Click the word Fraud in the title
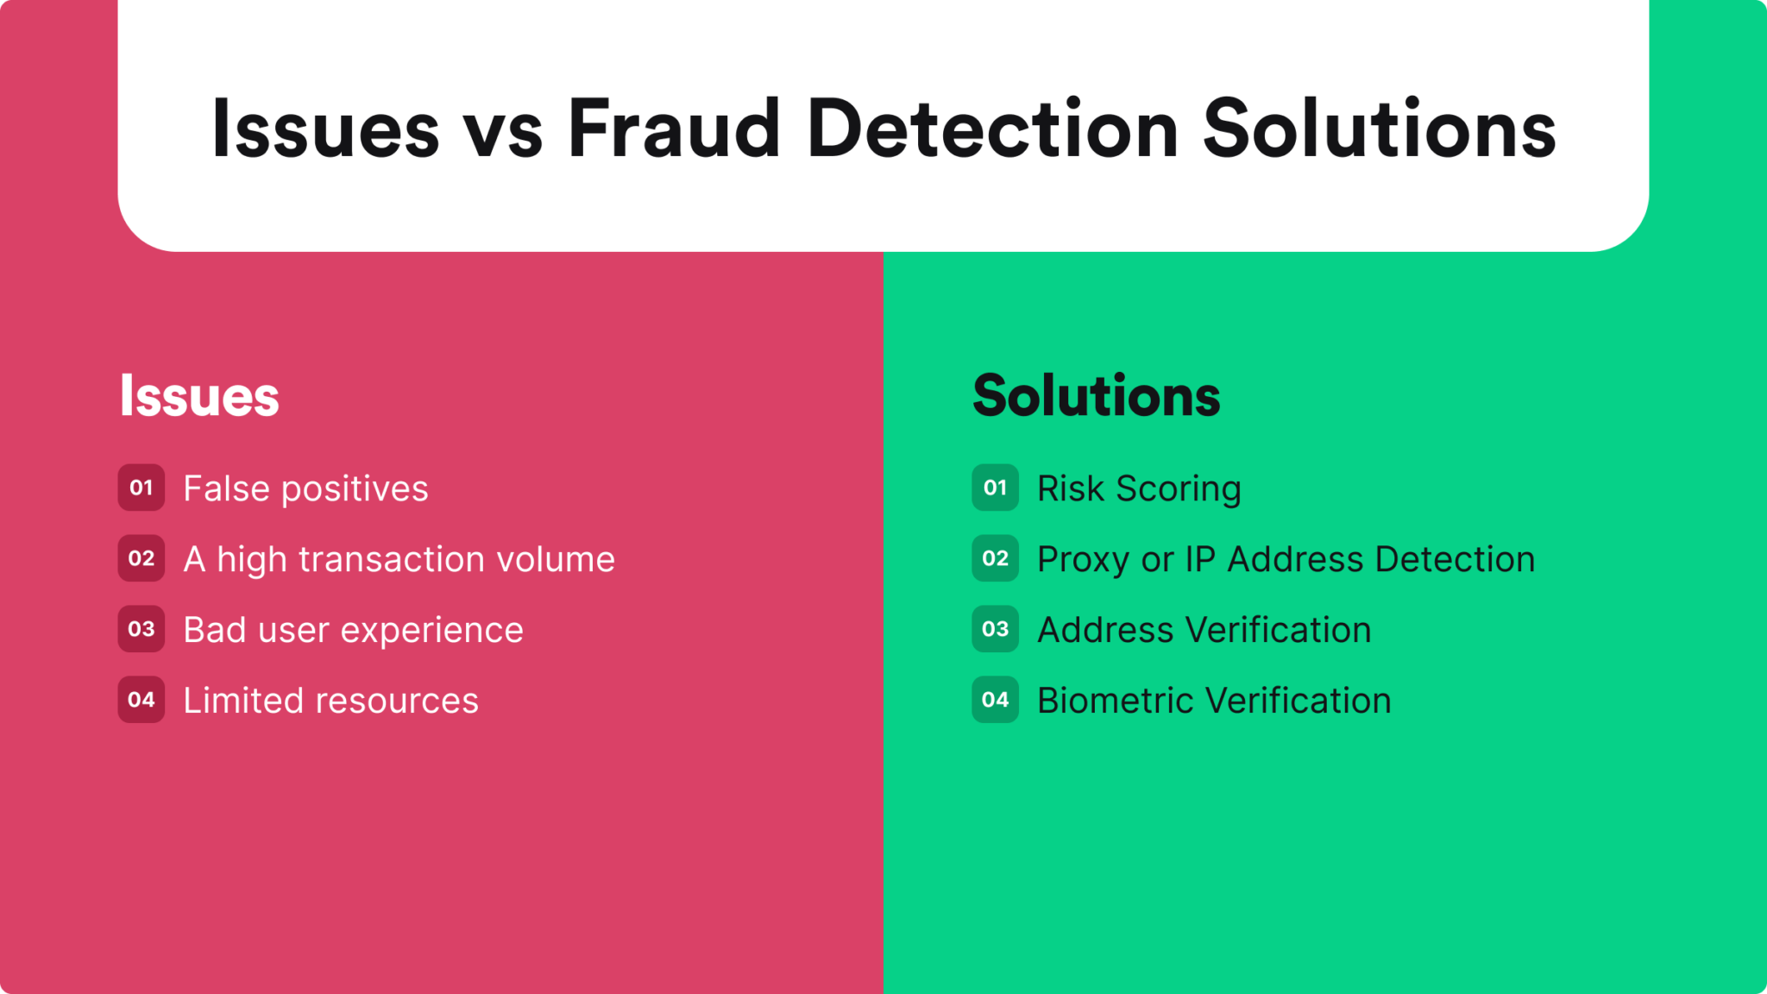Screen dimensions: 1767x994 [x=674, y=129]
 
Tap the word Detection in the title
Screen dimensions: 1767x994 [x=993, y=129]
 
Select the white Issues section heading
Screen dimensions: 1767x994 [x=199, y=396]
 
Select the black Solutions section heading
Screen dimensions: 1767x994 [x=1097, y=396]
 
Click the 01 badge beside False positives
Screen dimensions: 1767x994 [x=141, y=488]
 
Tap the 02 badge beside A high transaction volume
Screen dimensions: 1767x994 [x=141, y=558]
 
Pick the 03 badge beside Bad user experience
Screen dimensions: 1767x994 [x=141, y=629]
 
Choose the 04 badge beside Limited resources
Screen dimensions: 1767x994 [x=141, y=700]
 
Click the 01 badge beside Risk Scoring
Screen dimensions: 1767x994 [x=996, y=488]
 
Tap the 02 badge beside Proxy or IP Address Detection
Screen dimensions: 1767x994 [x=996, y=558]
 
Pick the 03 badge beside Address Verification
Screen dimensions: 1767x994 [x=996, y=629]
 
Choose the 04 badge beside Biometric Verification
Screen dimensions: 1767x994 [x=996, y=700]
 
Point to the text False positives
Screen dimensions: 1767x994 [x=306, y=489]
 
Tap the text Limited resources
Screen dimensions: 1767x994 [x=331, y=701]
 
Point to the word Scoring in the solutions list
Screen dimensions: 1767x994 [x=1179, y=490]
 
